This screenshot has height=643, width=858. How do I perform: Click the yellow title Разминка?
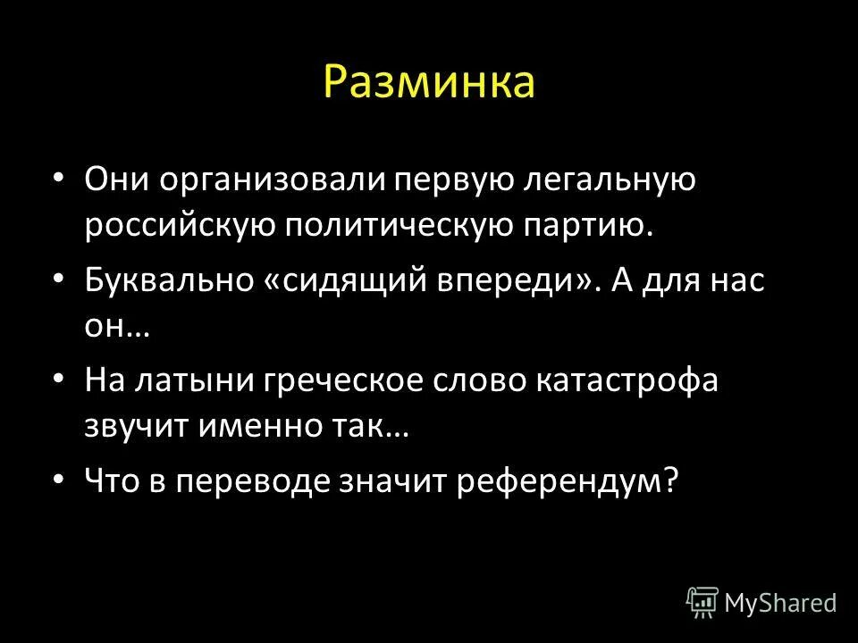[x=429, y=82]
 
